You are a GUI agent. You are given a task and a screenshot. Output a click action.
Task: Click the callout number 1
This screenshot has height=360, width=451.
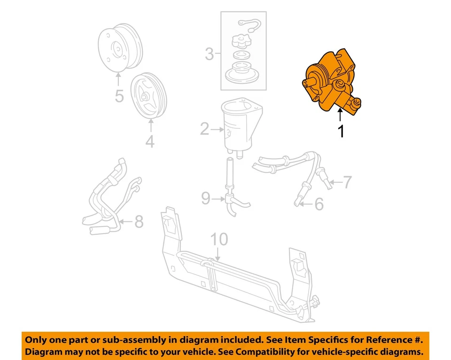pyautogui.click(x=341, y=132)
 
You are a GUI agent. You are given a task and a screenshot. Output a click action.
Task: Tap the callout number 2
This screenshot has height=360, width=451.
pyautogui.click(x=204, y=128)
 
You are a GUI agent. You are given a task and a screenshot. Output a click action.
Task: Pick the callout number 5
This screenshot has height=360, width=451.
pyautogui.click(x=119, y=96)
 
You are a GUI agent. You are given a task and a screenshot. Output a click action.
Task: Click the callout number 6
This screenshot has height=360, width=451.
pyautogui.click(x=319, y=204)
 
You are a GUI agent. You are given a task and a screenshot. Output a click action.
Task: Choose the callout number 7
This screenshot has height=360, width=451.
pyautogui.click(x=347, y=182)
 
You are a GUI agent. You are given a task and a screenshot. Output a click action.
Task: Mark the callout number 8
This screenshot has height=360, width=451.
pyautogui.click(x=139, y=221)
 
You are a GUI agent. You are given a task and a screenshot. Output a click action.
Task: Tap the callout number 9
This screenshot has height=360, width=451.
pyautogui.click(x=205, y=199)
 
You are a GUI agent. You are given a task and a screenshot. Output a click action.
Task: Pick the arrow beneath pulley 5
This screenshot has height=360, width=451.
pyautogui.click(x=118, y=78)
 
